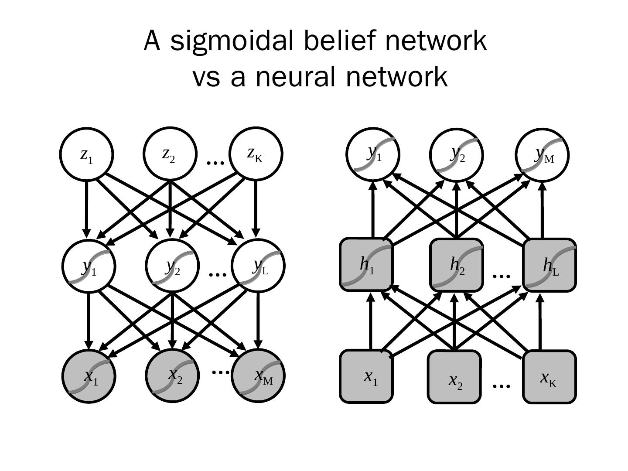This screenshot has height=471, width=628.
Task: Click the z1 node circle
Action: (86, 154)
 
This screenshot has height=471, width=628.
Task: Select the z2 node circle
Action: (170, 154)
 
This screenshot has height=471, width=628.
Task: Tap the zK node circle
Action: (256, 154)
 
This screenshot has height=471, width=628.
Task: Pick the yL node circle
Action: (258, 266)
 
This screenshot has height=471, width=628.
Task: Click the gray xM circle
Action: (258, 375)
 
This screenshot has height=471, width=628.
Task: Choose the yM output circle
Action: (542, 155)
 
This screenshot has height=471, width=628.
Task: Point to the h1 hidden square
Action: (366, 264)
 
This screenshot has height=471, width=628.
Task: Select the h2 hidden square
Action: (457, 265)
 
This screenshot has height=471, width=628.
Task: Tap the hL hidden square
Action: (550, 265)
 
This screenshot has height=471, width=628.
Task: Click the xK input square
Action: (549, 377)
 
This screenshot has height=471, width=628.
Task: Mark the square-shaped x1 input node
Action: (366, 376)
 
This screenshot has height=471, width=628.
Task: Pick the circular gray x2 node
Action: (172, 375)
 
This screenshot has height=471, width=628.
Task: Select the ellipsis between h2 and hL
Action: (501, 276)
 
